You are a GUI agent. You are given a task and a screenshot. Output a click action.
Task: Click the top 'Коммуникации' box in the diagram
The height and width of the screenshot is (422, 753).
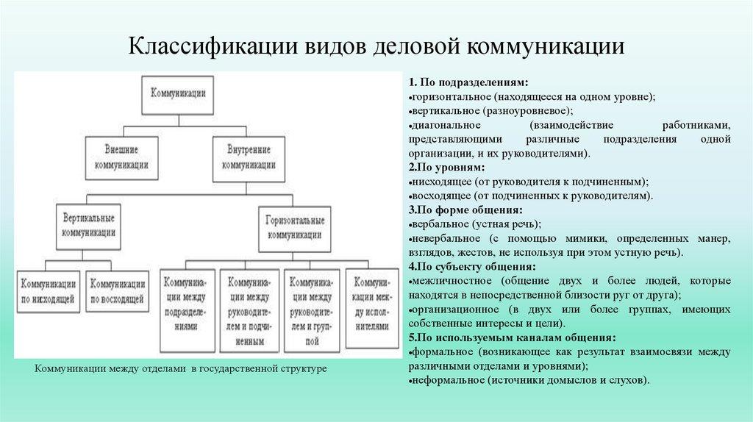coord(178,95)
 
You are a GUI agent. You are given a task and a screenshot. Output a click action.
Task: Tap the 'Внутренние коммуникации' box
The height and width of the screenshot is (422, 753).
coord(249,160)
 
